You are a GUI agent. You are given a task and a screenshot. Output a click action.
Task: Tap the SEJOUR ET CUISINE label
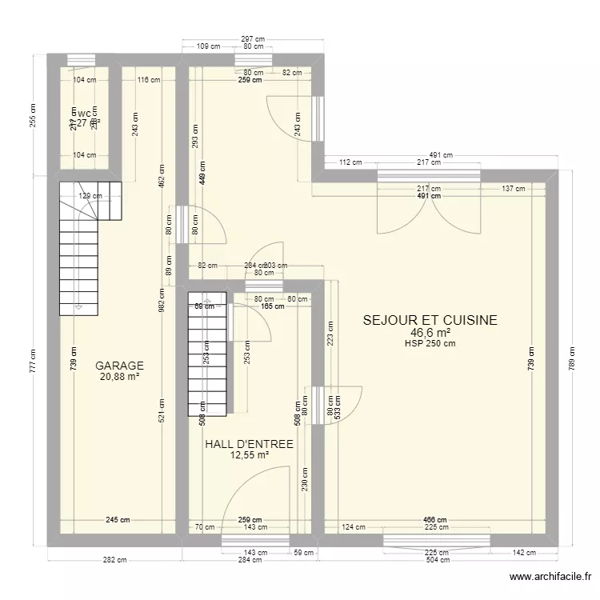(430, 320)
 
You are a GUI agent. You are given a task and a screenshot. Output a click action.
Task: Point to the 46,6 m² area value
(430, 333)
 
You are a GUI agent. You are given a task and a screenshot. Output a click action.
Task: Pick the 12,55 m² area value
(249, 455)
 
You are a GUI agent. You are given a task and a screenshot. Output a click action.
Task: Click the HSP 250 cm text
(430, 344)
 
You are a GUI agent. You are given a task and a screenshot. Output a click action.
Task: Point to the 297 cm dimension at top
(253, 38)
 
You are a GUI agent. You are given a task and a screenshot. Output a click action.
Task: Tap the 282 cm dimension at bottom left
(115, 560)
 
